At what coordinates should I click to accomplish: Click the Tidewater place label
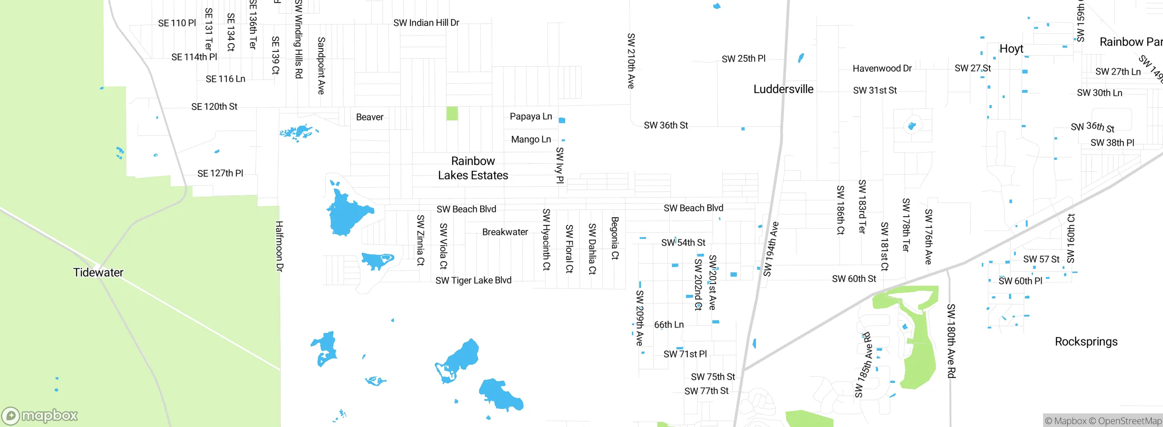click(x=98, y=273)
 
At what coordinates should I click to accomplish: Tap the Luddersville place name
click(x=783, y=89)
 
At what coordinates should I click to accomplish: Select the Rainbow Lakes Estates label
click(x=473, y=168)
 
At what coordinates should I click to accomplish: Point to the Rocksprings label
click(x=1086, y=342)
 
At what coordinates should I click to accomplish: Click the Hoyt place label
click(x=1011, y=49)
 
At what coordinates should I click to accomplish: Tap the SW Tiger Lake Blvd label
click(x=473, y=280)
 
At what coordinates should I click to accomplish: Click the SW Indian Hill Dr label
click(x=426, y=23)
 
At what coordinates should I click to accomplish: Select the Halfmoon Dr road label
click(x=279, y=246)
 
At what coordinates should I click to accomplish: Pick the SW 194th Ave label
click(x=770, y=249)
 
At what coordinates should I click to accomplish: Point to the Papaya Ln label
click(x=531, y=116)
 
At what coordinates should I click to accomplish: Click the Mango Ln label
click(x=531, y=139)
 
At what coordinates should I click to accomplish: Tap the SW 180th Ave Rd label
click(x=951, y=341)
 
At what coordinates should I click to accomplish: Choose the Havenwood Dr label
click(x=882, y=69)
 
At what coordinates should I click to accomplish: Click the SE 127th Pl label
click(x=220, y=174)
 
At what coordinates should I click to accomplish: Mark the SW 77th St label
click(x=706, y=391)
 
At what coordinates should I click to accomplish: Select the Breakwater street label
click(x=505, y=232)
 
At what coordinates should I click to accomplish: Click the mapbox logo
click(x=40, y=415)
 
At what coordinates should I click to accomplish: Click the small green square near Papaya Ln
click(x=452, y=113)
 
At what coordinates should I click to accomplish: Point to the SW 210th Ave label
click(x=631, y=61)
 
